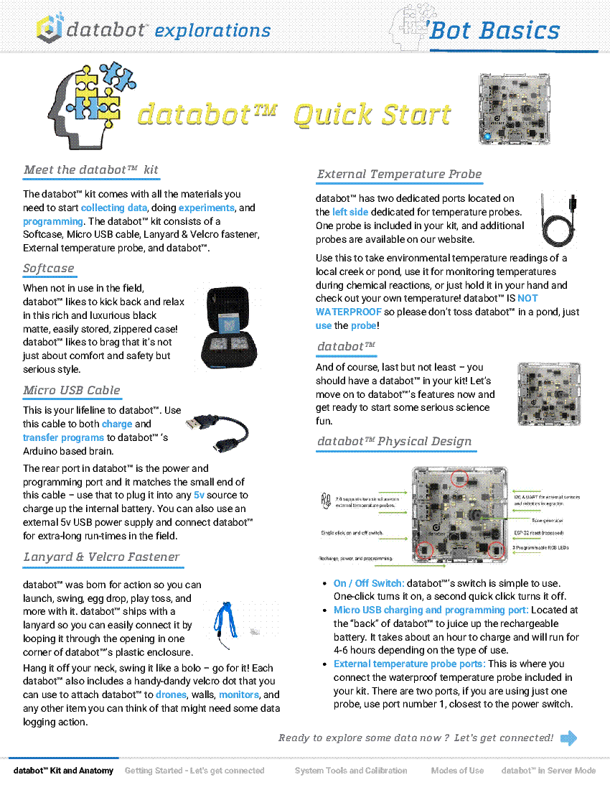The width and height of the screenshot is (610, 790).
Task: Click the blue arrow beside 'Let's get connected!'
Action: [568, 738]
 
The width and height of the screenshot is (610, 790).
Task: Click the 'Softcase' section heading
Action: [49, 269]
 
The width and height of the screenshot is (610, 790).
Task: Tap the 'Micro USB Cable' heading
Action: [72, 391]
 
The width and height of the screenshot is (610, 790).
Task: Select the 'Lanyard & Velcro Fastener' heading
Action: [101, 557]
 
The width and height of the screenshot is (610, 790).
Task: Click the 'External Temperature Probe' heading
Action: [399, 175]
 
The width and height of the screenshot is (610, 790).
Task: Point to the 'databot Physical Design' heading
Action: [394, 442]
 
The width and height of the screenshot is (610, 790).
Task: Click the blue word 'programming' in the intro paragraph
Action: [52, 221]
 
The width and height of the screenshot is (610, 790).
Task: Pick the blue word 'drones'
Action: [171, 694]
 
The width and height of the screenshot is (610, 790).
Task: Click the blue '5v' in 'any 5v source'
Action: [200, 496]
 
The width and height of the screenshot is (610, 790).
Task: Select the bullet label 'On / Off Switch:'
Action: [368, 583]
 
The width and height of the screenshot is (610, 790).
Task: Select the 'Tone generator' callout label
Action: [547, 519]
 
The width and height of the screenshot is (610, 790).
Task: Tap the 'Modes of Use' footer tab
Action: [457, 771]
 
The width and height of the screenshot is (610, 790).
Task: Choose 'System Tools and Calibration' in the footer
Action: [351, 771]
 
